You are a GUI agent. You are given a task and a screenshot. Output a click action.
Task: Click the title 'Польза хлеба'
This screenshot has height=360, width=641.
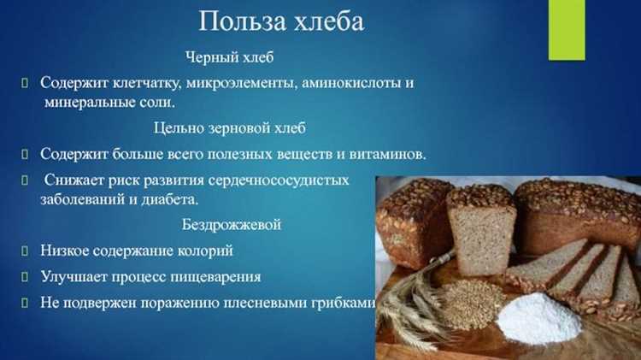[281, 21]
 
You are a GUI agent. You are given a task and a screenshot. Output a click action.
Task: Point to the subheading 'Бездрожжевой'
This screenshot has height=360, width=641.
[231, 225]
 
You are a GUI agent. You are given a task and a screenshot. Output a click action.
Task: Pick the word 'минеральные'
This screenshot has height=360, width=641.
[87, 103]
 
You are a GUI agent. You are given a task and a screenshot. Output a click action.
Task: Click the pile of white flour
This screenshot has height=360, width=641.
[538, 317]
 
